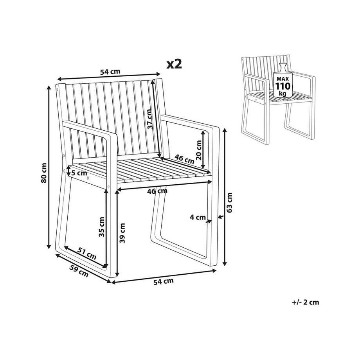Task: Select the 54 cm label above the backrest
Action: [110, 72]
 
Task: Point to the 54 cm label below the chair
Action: [164, 281]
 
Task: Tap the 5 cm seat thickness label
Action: [79, 173]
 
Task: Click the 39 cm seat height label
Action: [122, 234]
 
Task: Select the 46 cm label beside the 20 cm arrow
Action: [184, 159]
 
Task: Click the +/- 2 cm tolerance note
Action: [306, 302]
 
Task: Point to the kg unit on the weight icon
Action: [283, 94]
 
